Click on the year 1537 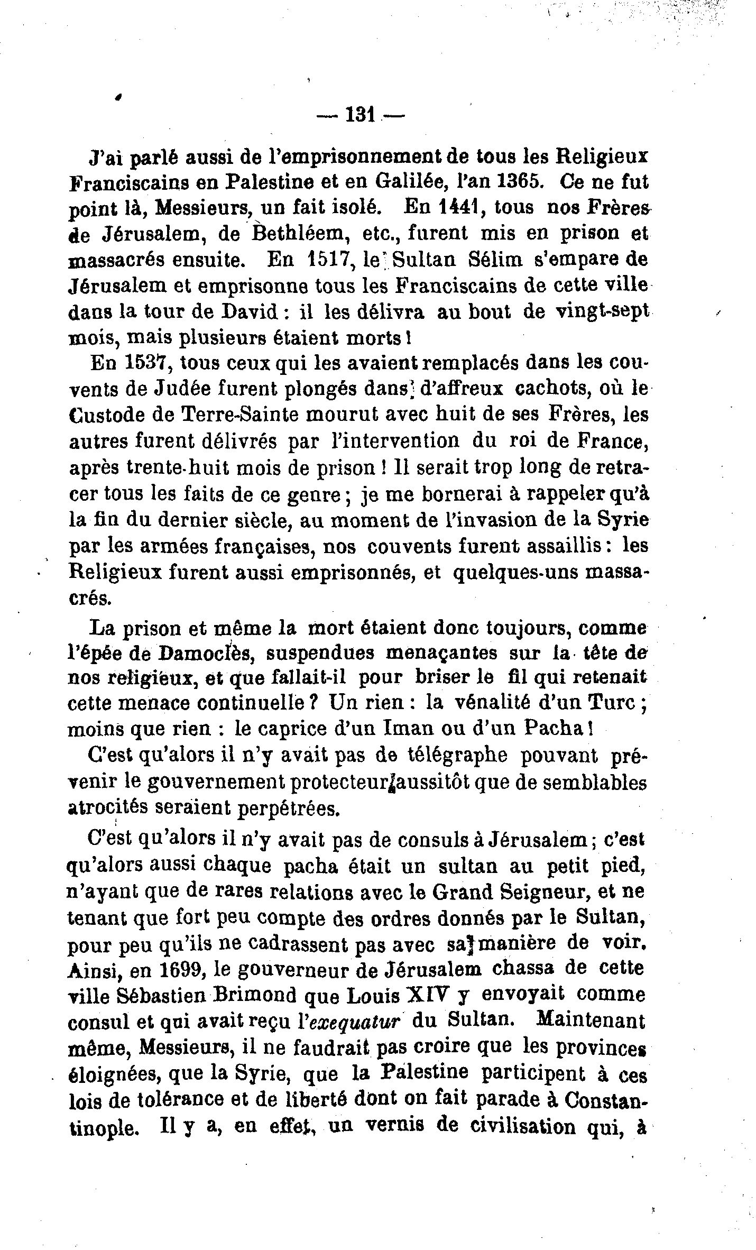pos(151,363)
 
